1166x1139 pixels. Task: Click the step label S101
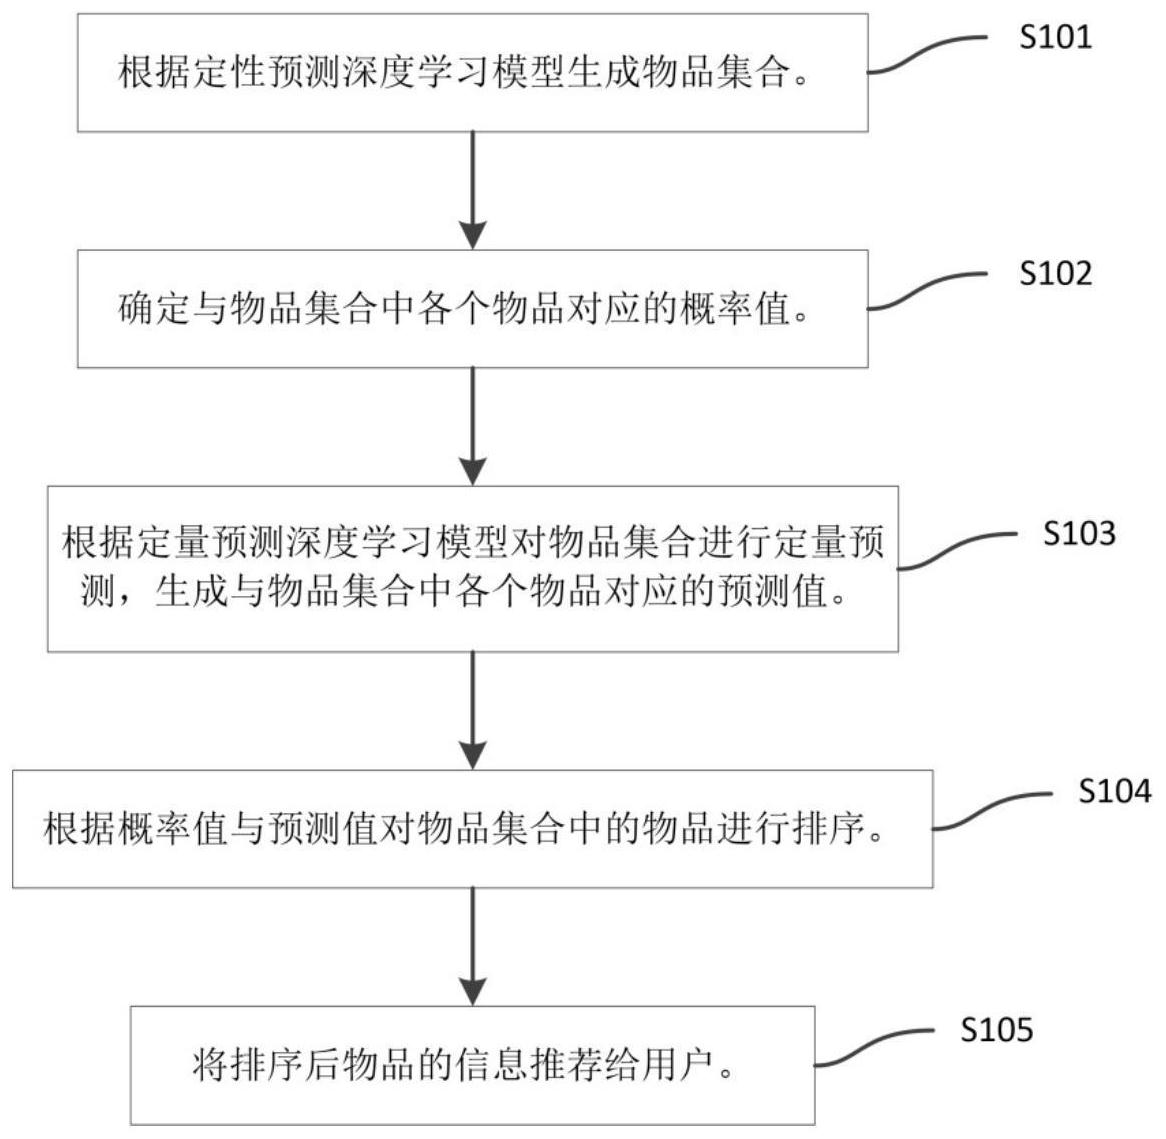pos(1055,38)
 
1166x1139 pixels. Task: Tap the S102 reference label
pos(1055,273)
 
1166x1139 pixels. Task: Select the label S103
pos(1079,533)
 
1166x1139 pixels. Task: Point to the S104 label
pos(1114,792)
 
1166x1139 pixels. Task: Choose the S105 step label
pos(996,1030)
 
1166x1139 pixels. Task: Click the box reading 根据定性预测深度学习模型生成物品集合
pos(472,73)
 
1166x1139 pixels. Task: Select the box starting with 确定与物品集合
pos(472,309)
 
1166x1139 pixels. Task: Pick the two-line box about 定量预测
pos(472,568)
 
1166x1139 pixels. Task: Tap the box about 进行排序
pos(472,829)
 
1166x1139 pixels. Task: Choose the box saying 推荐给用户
pos(472,1066)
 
